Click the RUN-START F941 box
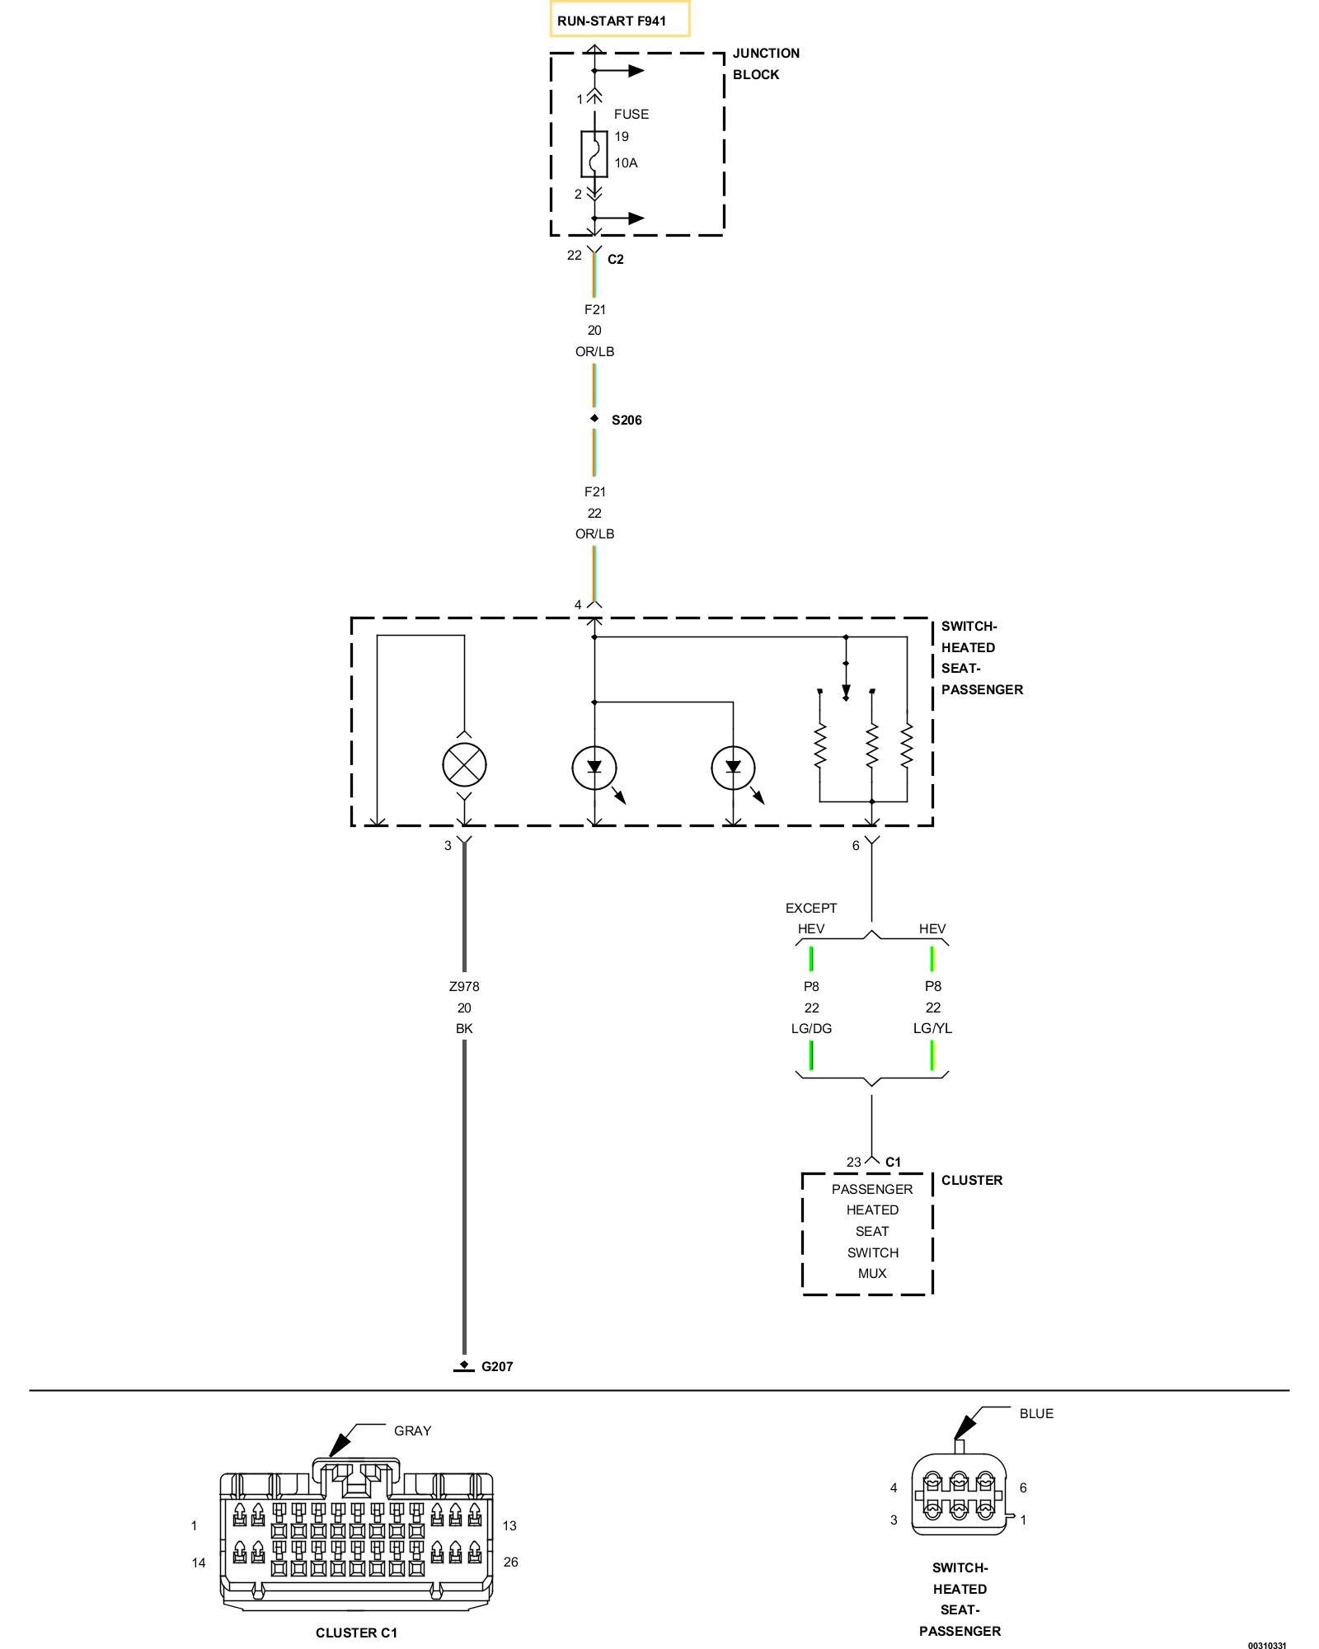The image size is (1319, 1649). coord(620,20)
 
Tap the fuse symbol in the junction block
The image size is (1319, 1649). coord(594,153)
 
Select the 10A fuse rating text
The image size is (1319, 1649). coord(626,163)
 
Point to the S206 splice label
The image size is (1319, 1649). coord(627,420)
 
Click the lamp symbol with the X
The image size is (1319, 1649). coord(464,765)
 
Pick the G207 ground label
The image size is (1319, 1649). coord(497,1366)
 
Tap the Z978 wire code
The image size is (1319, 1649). coord(464,986)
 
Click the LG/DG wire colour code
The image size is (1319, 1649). coord(811,1028)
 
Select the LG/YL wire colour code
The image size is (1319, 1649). coord(932,1028)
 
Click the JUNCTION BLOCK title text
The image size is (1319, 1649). coord(766,63)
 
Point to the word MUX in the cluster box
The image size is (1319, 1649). coord(872,1273)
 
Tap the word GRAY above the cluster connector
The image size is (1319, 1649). coord(412,1431)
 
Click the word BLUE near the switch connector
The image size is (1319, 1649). coord(1036,1413)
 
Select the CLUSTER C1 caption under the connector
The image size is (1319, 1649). coord(356,1633)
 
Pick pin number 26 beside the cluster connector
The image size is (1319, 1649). coord(510,1562)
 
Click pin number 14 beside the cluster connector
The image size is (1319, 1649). coord(199,1562)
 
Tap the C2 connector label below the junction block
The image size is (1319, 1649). coord(616,259)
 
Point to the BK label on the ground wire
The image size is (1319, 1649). coord(464,1028)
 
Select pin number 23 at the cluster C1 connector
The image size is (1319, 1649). coord(853,1162)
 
